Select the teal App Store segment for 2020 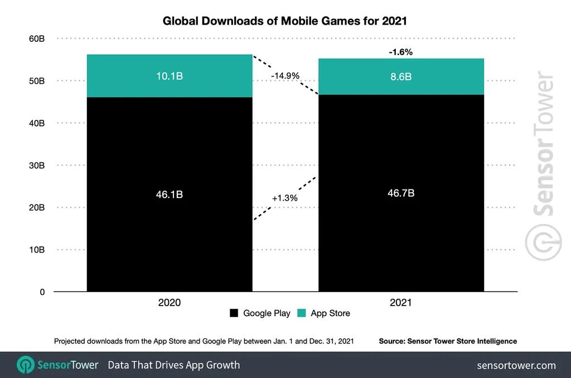pyautogui.click(x=170, y=76)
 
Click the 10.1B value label pyautogui.click(x=170, y=76)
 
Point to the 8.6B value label pyautogui.click(x=400, y=76)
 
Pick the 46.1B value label pyautogui.click(x=170, y=195)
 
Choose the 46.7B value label pyautogui.click(x=400, y=193)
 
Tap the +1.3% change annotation pyautogui.click(x=284, y=198)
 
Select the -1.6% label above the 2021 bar pyautogui.click(x=400, y=52)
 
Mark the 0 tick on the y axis pyautogui.click(x=42, y=292)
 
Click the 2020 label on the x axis pyautogui.click(x=170, y=303)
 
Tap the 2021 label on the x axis pyautogui.click(x=400, y=303)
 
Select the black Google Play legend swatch pyautogui.click(x=234, y=313)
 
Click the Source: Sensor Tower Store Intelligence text pyautogui.click(x=448, y=341)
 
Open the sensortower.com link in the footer pyautogui.click(x=516, y=365)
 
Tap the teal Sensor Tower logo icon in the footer pyautogui.click(x=26, y=365)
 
